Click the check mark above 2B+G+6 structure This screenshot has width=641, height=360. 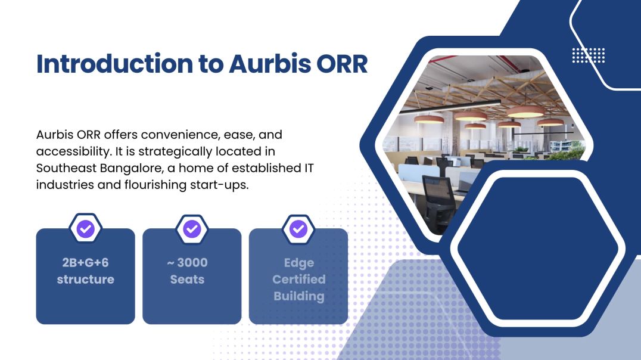(86, 228)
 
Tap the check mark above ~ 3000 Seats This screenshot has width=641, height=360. (192, 228)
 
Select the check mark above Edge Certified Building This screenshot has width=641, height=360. (298, 228)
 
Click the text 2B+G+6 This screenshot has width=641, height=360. (85, 262)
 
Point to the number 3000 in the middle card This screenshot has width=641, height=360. (192, 262)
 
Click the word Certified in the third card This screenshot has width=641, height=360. (298, 279)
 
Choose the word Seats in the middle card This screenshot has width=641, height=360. (187, 279)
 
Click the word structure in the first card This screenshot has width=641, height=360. (85, 279)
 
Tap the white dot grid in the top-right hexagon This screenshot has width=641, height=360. (588, 55)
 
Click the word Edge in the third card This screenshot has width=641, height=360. (298, 262)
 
